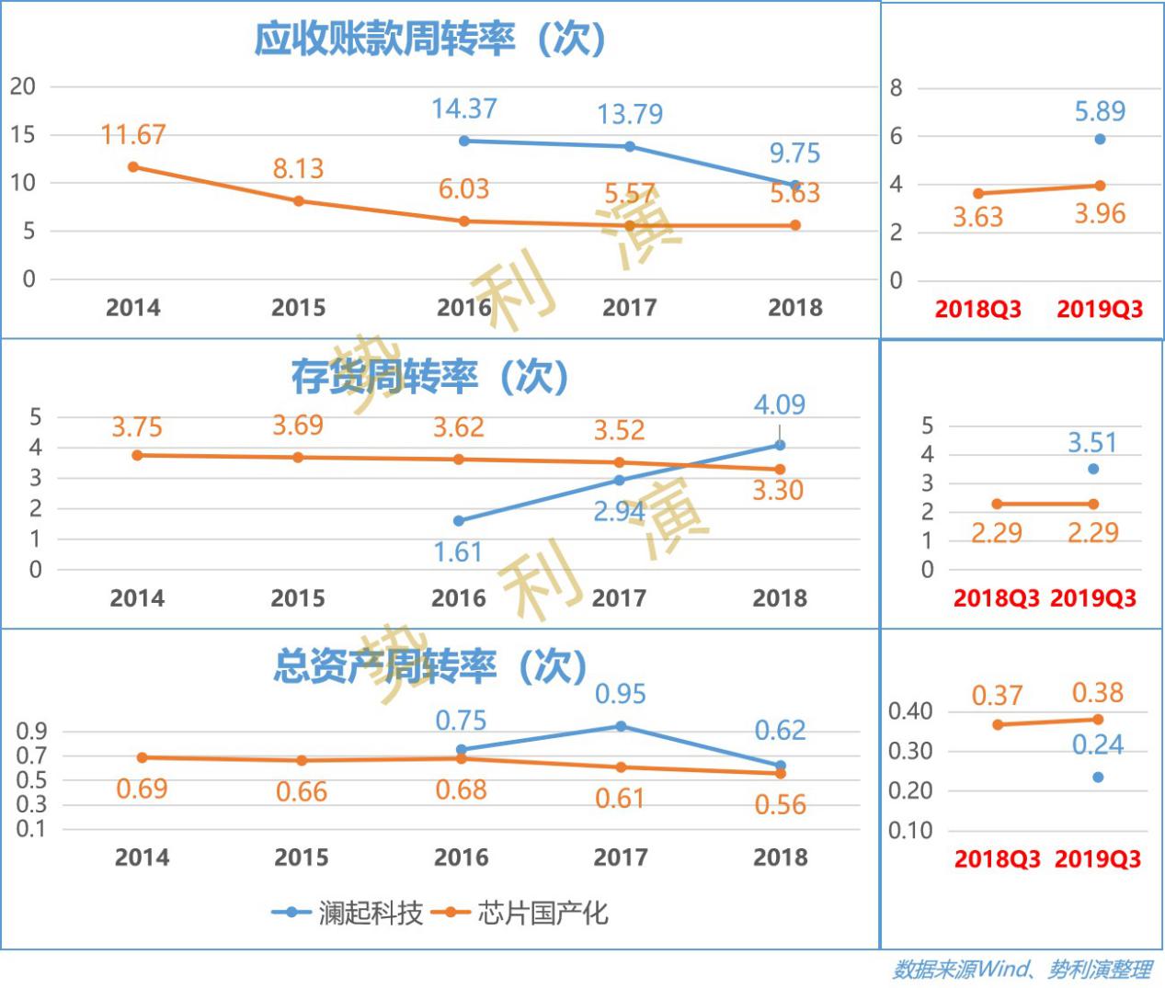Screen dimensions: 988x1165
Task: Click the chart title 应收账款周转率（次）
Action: [429, 40]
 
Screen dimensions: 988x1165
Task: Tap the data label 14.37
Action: [464, 109]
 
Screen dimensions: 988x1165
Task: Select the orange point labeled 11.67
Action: [133, 167]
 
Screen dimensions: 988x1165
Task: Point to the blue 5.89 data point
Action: [1100, 140]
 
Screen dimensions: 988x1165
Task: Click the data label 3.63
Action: [977, 218]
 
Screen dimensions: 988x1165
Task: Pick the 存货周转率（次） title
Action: [429, 377]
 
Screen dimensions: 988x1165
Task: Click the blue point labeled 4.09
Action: [780, 446]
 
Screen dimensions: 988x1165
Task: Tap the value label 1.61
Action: [458, 552]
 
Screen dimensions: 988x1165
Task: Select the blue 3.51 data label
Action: [1091, 443]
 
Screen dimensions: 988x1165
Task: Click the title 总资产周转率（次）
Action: [429, 666]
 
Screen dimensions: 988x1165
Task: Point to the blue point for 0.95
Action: [621, 727]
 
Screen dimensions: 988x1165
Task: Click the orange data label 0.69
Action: [142, 789]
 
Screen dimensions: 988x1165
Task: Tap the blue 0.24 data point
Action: [1098, 778]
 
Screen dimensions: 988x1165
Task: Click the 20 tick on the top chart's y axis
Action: [23, 87]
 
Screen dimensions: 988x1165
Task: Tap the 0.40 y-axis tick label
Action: [909, 711]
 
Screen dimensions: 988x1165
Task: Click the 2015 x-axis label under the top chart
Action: [298, 307]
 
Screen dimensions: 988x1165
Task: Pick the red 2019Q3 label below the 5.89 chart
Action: [1100, 309]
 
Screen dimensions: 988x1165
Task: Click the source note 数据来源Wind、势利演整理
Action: [1022, 970]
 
